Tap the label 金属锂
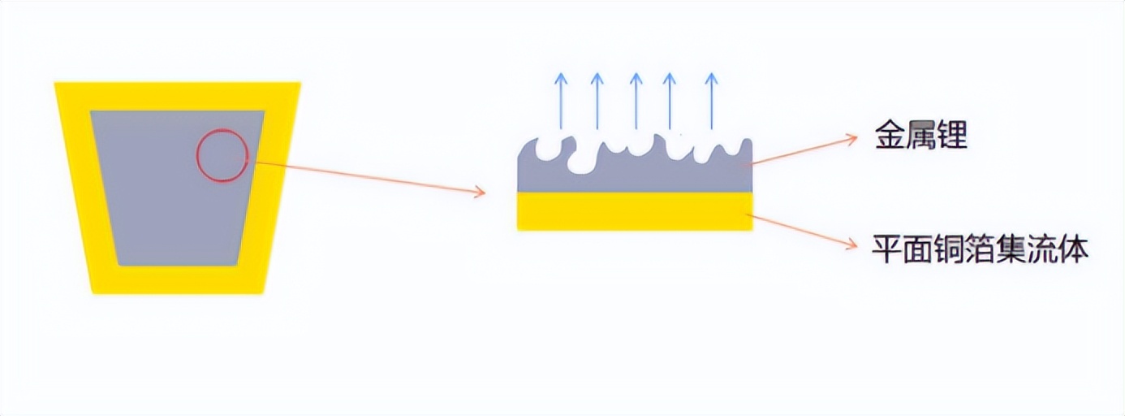(920, 136)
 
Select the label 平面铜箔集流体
(980, 248)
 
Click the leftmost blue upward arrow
(560, 101)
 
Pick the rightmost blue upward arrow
(711, 101)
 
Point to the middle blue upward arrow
(636, 101)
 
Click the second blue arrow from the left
(597, 101)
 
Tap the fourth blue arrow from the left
(670, 101)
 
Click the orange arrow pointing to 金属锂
(804, 151)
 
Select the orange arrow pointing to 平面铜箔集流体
(804, 230)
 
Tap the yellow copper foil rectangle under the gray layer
(635, 211)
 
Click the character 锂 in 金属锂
(952, 136)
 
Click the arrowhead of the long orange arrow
(480, 193)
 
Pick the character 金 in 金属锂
(889, 136)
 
